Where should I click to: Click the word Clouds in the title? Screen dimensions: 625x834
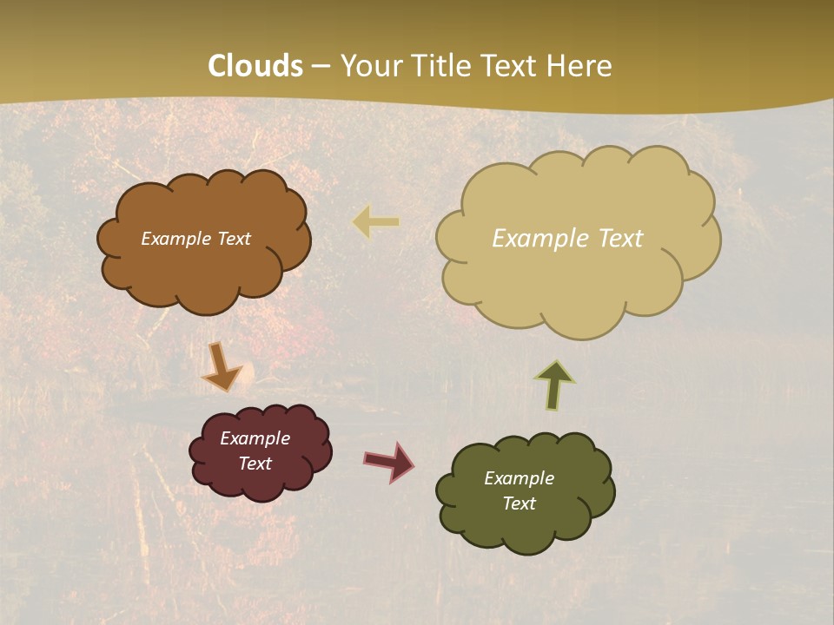coord(255,66)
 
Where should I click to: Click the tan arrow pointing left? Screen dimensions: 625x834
coord(375,222)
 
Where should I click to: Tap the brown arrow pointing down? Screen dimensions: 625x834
coord(221,367)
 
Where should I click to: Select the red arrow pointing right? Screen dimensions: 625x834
coord(389,461)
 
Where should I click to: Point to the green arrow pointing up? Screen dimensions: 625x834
coord(554,385)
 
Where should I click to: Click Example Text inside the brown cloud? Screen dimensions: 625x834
coord(195,239)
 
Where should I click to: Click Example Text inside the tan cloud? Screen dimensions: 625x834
coord(567,239)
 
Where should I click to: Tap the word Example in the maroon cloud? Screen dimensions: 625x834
coord(255,438)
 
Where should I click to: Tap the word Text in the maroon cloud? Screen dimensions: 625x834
coord(255,464)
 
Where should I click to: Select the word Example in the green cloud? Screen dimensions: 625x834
coord(519,478)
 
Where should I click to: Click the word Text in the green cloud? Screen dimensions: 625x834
coord(519,503)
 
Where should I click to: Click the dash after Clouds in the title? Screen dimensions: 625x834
coord(321,66)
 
